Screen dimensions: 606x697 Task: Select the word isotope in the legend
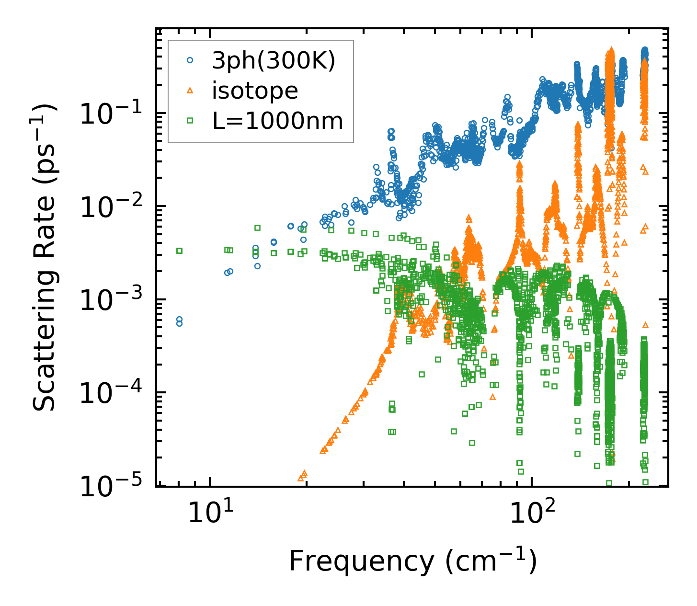(255, 91)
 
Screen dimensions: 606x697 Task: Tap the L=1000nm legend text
(278, 121)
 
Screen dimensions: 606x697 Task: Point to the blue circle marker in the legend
(190, 60)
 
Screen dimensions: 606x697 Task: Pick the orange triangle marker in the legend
(190, 90)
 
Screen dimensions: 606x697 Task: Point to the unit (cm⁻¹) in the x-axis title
(491, 560)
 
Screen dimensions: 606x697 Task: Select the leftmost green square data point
(179, 251)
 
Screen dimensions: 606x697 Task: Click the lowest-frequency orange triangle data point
(301, 478)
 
